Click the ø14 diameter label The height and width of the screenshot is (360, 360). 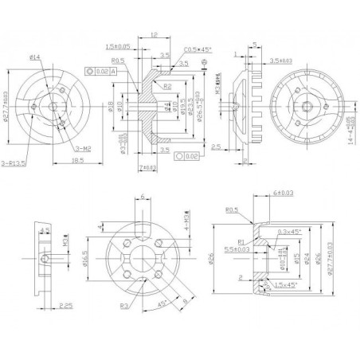click(37, 57)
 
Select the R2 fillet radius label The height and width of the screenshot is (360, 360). click(169, 85)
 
